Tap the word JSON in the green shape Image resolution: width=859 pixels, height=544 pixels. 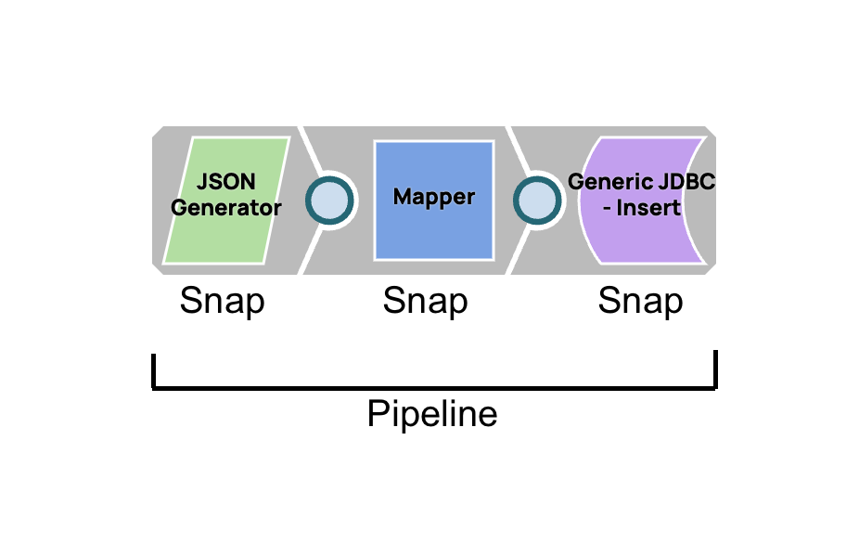pos(225,183)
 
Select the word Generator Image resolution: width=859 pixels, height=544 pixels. pos(226,208)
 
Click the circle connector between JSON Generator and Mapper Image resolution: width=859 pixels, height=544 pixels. pos(330,200)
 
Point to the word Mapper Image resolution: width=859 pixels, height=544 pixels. pos(433,198)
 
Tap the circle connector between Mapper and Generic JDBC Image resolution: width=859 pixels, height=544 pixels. pos(537,200)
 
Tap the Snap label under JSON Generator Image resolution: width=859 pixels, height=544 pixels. pos(222,302)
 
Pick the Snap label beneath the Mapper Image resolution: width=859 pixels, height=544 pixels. pos(425,302)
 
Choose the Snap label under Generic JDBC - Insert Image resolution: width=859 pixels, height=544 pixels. pos(640,302)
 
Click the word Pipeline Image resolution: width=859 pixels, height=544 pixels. pos(432,414)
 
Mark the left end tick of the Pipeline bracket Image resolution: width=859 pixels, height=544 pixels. pos(154,369)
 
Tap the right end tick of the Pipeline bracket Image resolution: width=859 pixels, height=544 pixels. pos(715,369)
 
